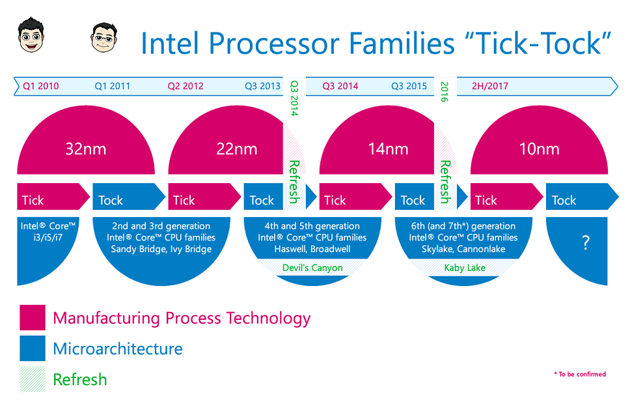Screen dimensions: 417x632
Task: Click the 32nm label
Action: click(86, 149)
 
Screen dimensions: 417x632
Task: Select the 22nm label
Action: click(237, 149)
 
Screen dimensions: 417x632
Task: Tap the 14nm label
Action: click(388, 149)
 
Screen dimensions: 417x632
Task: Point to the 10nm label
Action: click(539, 149)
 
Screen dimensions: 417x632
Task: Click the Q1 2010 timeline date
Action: click(40, 86)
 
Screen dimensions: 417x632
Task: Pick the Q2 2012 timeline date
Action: click(185, 86)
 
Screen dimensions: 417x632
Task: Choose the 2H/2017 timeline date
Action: click(490, 86)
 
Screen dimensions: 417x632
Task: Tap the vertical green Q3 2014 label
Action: click(294, 98)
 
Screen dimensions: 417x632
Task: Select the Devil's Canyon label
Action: click(312, 268)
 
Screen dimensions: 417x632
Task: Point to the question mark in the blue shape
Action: click(586, 244)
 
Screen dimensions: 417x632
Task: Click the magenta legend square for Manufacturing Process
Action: click(33, 318)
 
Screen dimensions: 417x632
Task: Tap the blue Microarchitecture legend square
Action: click(33, 349)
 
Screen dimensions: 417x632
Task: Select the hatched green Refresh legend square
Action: click(33, 379)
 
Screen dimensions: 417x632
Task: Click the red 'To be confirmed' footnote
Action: click(579, 374)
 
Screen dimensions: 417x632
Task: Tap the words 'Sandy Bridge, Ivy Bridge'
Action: click(161, 249)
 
